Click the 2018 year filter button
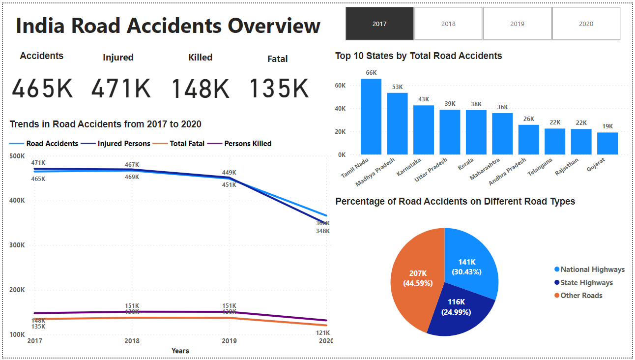[x=448, y=24]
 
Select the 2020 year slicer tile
[x=586, y=24]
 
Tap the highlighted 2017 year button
[x=379, y=24]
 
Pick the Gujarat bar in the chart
[x=607, y=143]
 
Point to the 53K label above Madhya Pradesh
[x=397, y=87]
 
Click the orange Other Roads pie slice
[x=415, y=278]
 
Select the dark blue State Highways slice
[x=460, y=310]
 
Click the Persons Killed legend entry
[x=247, y=144]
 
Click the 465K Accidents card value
[x=42, y=89]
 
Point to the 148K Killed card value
[x=201, y=89]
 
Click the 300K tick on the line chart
[x=17, y=245]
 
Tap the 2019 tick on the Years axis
[x=229, y=341]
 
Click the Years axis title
[x=180, y=351]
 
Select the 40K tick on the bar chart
[x=341, y=109]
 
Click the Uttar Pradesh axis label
[x=432, y=169]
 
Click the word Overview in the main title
[x=274, y=26]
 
